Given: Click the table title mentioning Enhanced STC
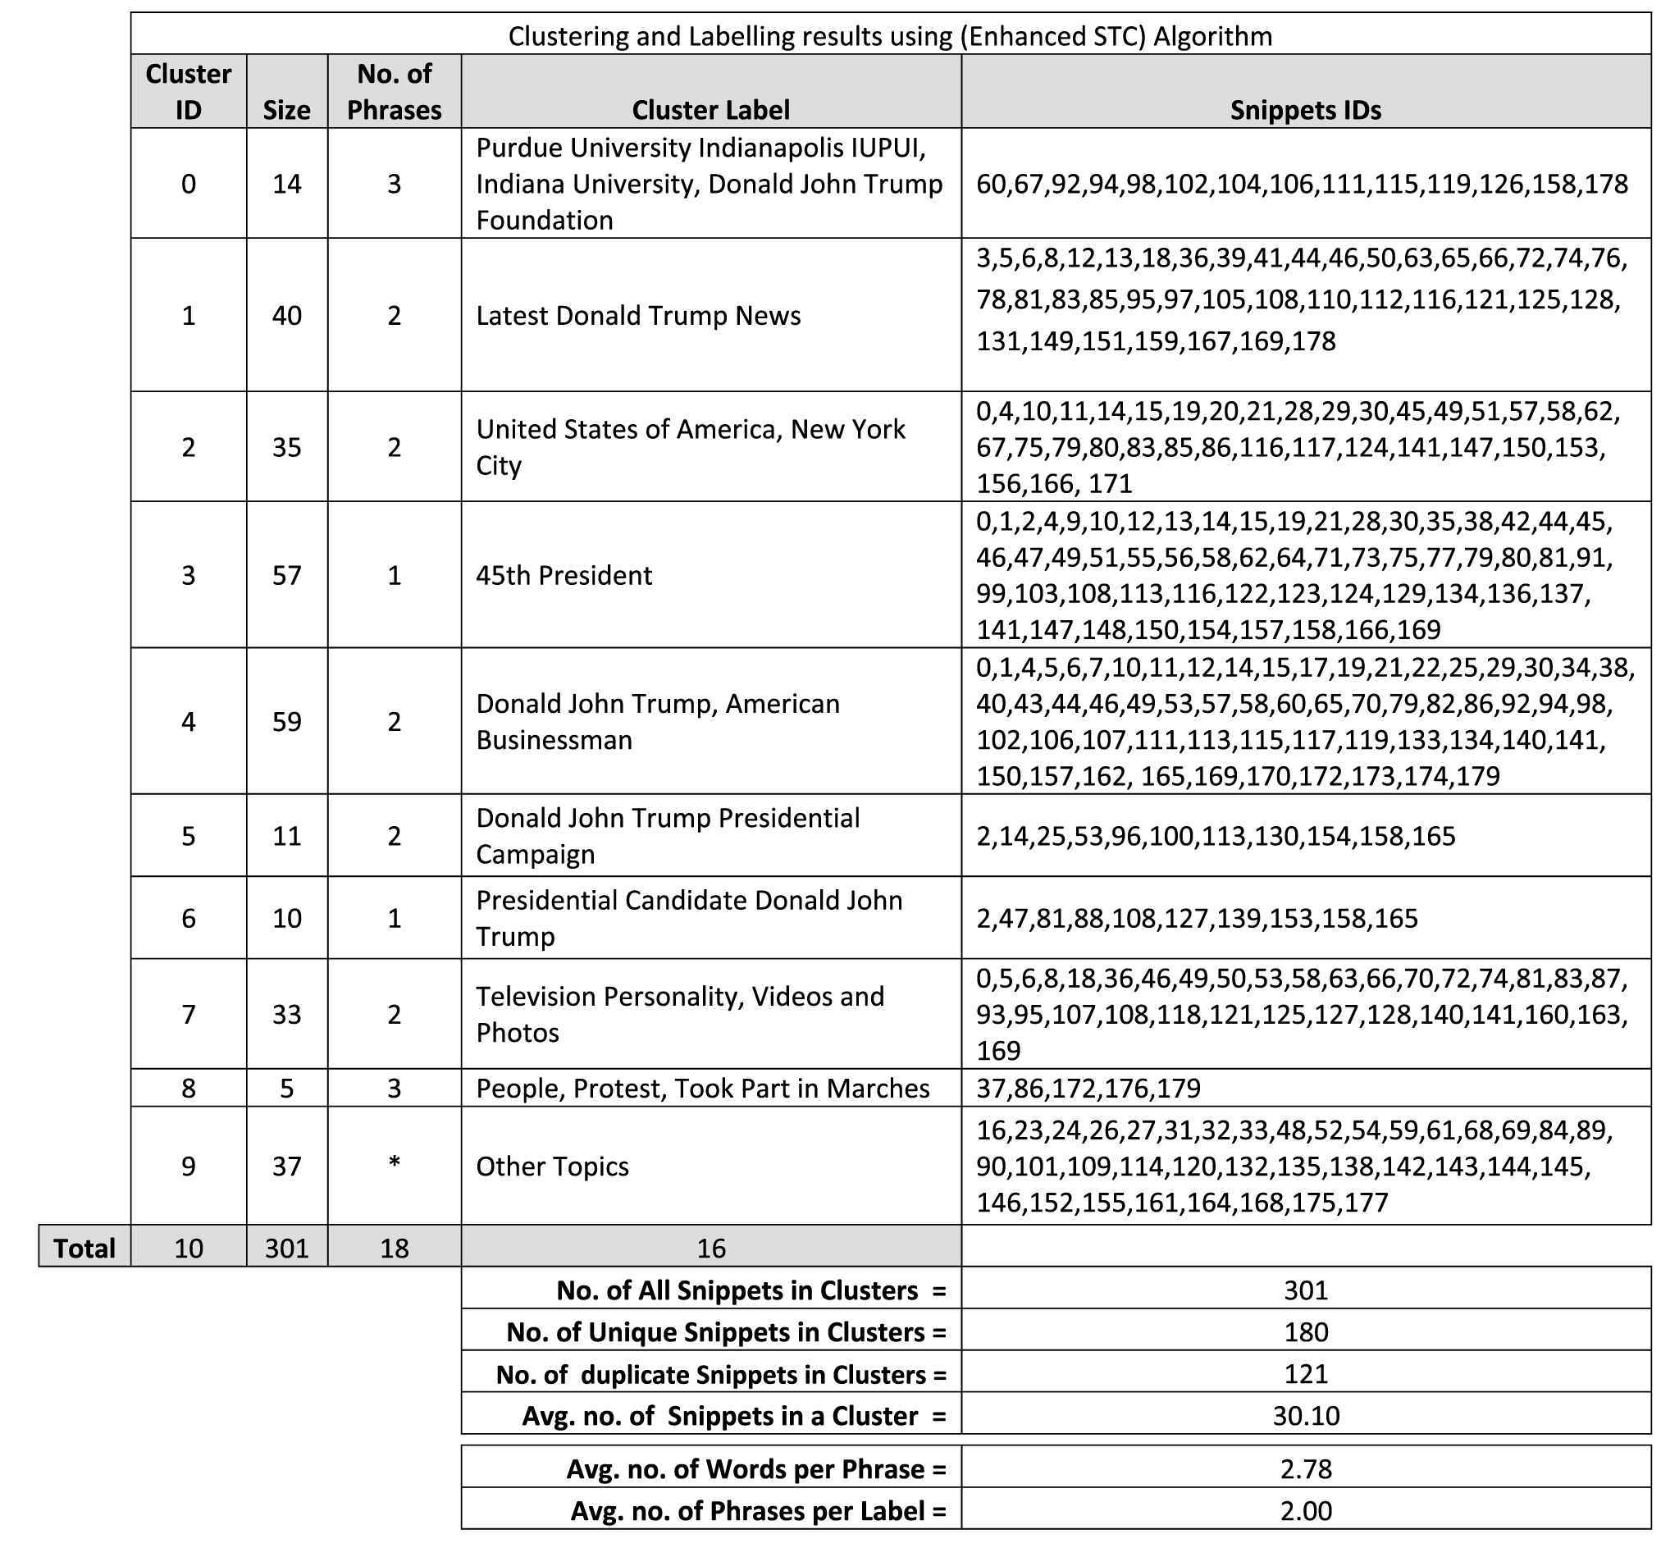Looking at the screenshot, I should [x=890, y=36].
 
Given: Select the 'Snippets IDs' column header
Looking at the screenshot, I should [x=1305, y=109].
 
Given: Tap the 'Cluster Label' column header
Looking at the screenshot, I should [x=710, y=109].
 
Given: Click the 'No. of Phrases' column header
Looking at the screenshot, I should [x=395, y=92].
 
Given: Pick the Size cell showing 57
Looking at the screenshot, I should [x=286, y=575].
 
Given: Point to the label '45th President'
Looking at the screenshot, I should [x=564, y=575].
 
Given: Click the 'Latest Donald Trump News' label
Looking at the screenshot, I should [x=638, y=315].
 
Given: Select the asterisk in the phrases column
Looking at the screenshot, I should [x=395, y=1162].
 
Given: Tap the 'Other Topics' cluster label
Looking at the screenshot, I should [x=552, y=1166].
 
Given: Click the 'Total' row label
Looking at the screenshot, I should [x=84, y=1248].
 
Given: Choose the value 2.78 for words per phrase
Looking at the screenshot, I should [x=1305, y=1468].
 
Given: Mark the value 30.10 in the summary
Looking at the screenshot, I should [x=1305, y=1415].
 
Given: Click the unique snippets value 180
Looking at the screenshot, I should [x=1305, y=1331].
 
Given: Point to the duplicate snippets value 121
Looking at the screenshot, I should [x=1305, y=1373].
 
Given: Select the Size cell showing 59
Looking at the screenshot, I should [x=286, y=721].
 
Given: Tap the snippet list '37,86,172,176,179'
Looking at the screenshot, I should [x=1088, y=1088].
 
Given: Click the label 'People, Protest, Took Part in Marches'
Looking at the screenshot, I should [x=703, y=1088].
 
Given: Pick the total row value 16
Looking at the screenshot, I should [x=710, y=1248].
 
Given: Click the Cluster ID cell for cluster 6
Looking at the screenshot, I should [x=189, y=918].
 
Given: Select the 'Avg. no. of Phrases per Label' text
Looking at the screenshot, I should [x=758, y=1510].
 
